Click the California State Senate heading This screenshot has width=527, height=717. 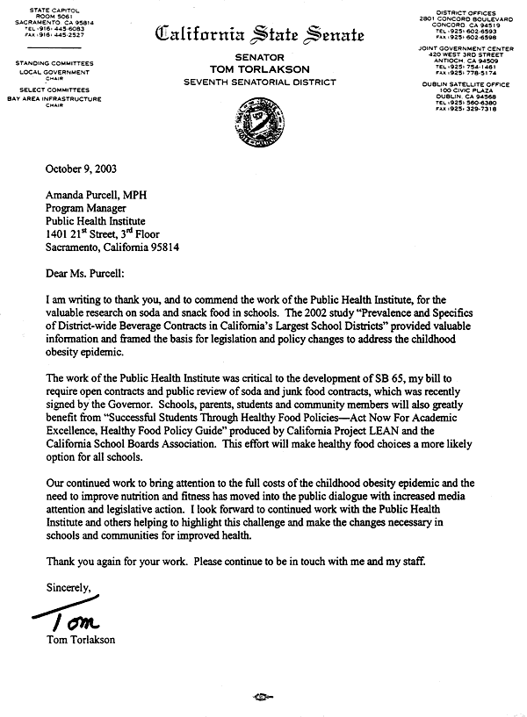[258, 35]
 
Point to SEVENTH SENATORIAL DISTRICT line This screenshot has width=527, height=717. [259, 81]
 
